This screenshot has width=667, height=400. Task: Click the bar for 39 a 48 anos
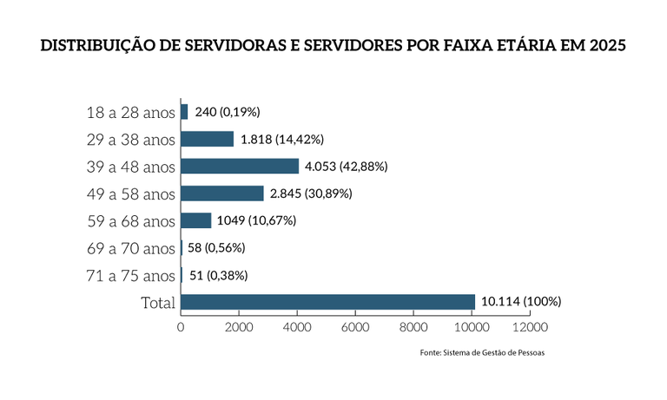(240, 166)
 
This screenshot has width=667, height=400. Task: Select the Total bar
(327, 302)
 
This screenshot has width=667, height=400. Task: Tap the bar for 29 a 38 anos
(208, 139)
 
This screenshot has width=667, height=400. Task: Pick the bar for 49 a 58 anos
(222, 193)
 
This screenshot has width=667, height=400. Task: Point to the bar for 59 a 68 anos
(196, 220)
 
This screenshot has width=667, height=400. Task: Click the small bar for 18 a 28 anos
(184, 112)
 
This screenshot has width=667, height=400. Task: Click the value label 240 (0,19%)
(227, 112)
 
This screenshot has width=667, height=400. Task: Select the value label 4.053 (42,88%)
(346, 166)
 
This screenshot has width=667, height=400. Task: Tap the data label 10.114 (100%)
(521, 302)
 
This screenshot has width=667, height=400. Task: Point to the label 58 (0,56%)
(216, 248)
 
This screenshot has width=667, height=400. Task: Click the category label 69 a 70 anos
(131, 249)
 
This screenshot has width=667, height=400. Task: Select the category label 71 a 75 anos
(131, 276)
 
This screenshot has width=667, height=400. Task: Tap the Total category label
(158, 303)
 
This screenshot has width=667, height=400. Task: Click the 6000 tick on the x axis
(355, 327)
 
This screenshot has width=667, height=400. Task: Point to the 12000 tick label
(530, 327)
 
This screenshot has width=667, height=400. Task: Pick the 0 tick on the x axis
(181, 327)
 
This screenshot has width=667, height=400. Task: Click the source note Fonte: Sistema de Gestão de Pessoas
(482, 353)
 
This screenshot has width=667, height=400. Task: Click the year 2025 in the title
(605, 45)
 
